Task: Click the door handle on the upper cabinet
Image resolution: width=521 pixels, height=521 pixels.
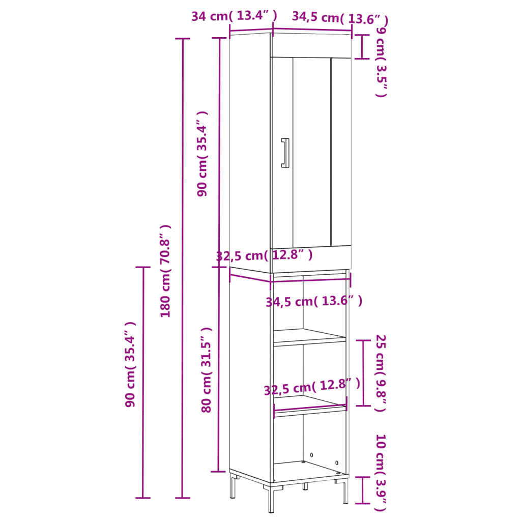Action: point(285,153)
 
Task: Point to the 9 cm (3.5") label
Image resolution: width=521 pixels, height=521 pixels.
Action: point(381,62)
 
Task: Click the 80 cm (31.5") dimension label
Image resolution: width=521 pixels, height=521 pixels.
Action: point(206,370)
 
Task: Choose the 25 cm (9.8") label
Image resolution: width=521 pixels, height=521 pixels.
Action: point(381,373)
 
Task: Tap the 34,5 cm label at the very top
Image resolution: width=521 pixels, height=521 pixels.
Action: point(340,18)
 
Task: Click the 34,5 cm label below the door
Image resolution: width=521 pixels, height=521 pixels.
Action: point(314,302)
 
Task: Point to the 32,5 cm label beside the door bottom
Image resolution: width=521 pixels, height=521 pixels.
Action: point(264,255)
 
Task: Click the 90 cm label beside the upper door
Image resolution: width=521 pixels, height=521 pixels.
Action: point(202,154)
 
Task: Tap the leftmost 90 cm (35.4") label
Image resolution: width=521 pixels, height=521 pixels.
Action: point(131,364)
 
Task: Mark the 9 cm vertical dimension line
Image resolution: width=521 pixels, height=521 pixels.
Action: point(362,47)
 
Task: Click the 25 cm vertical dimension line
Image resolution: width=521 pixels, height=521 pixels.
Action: point(363,373)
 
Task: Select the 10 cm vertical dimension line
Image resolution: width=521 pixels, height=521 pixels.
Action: point(362,490)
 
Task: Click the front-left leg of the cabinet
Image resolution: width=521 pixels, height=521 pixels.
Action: point(271,498)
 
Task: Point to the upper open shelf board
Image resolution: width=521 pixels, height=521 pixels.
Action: point(310,336)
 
